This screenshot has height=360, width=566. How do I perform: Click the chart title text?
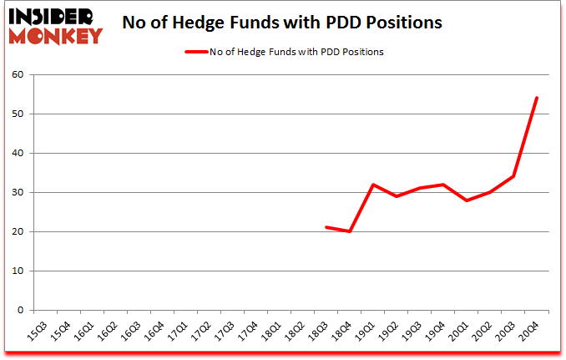pos(281,23)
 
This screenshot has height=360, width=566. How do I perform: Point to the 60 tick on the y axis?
pos(19,75)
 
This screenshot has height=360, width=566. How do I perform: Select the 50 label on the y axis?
pos(19,114)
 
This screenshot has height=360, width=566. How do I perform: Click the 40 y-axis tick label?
pos(19,154)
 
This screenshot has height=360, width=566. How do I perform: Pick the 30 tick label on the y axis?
pos(19,193)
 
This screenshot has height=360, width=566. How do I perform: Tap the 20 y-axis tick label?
pos(19,232)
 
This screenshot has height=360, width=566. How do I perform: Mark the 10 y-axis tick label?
pos(19,271)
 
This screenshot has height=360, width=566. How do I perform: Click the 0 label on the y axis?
pos(22,311)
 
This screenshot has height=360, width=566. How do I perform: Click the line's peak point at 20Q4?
pos(536,98)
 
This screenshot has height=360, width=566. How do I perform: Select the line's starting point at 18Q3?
pos(326,227)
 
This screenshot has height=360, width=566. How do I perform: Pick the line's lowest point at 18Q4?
pos(350,231)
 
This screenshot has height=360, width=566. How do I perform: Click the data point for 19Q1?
pos(373,185)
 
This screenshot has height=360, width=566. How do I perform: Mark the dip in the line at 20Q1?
pos(467,200)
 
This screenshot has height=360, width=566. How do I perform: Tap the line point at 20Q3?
pos(513,176)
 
